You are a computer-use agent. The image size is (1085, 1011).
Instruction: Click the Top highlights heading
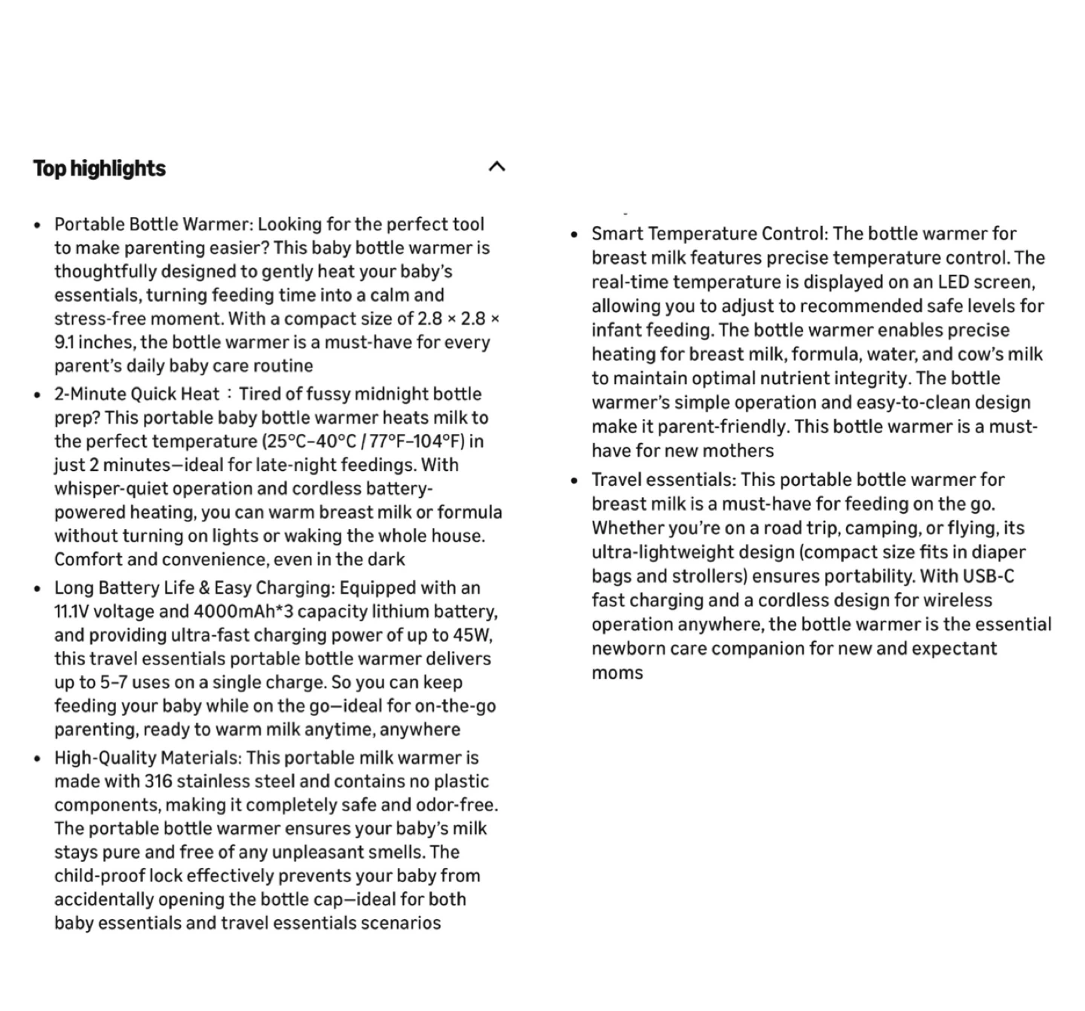point(99,168)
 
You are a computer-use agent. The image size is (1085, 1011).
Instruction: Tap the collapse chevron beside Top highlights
point(497,166)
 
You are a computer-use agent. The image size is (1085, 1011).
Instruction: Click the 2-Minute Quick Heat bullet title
point(136,394)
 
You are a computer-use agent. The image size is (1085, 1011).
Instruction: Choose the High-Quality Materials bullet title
point(147,758)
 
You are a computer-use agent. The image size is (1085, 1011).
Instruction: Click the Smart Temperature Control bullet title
point(708,234)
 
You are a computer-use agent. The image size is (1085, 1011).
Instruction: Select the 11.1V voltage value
point(72,612)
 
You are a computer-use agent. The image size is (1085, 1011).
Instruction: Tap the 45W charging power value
point(470,635)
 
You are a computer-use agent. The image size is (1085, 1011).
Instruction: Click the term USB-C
point(988,576)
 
